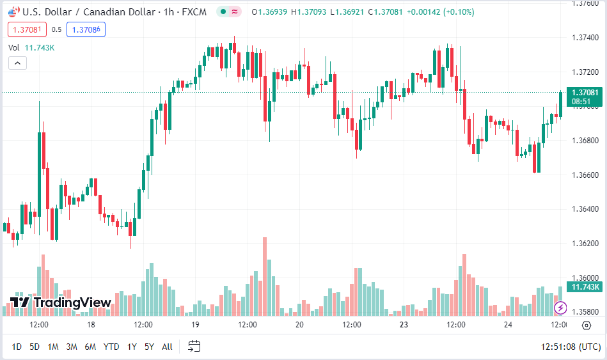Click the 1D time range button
tap(17, 347)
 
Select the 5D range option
tap(35, 347)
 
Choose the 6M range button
tap(90, 347)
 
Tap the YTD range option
tap(111, 347)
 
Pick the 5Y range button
tap(149, 347)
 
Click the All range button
tap(167, 347)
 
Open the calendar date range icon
tap(194, 347)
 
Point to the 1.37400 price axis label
tap(585, 37)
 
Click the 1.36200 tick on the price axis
tap(585, 244)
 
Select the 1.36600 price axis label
tap(585, 175)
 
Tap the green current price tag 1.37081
tap(585, 93)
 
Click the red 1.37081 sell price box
tap(28, 29)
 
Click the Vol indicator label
tap(14, 47)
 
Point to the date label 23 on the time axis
tap(404, 325)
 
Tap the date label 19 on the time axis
tap(195, 325)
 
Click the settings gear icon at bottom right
tap(587, 325)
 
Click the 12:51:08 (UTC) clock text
tap(571, 347)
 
